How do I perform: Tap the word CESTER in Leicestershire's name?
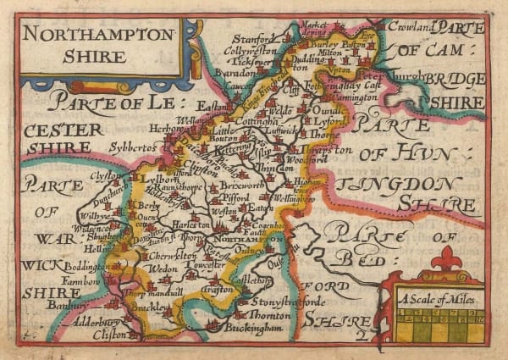64,130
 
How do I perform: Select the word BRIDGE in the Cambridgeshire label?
456,79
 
